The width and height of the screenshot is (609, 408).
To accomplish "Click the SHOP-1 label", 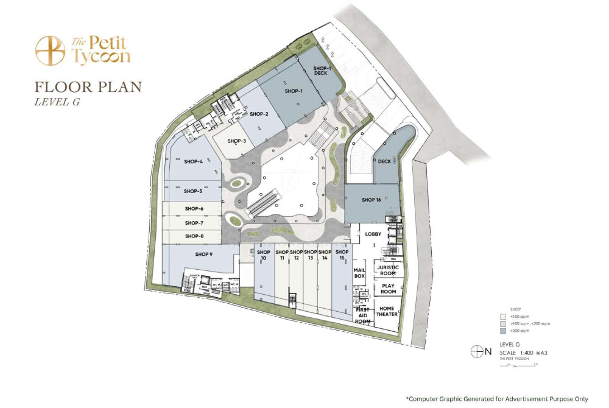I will [294, 91].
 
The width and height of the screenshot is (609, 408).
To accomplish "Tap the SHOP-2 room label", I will [259, 114].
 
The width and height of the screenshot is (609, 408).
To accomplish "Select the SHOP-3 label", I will [236, 141].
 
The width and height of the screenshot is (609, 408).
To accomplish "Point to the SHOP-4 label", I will [193, 161].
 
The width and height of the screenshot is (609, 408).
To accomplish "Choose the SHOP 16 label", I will [371, 200].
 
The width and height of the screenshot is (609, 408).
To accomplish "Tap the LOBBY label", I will [373, 234].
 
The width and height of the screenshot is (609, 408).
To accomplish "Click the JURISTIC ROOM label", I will [388, 270].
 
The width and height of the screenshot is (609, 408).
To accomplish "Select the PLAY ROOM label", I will [388, 289].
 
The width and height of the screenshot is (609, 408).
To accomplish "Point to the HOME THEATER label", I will [387, 311].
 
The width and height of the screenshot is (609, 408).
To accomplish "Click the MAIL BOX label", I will [359, 272].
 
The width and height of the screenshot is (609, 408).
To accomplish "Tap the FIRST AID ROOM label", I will [362, 315].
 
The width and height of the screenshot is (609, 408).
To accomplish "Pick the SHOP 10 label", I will [263, 255].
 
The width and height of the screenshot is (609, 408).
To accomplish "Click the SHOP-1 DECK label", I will [321, 71].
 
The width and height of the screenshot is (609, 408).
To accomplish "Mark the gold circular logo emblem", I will [50, 51].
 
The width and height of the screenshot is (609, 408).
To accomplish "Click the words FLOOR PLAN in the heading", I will [88, 87].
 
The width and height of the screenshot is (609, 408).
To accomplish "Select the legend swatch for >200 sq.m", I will [503, 332].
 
